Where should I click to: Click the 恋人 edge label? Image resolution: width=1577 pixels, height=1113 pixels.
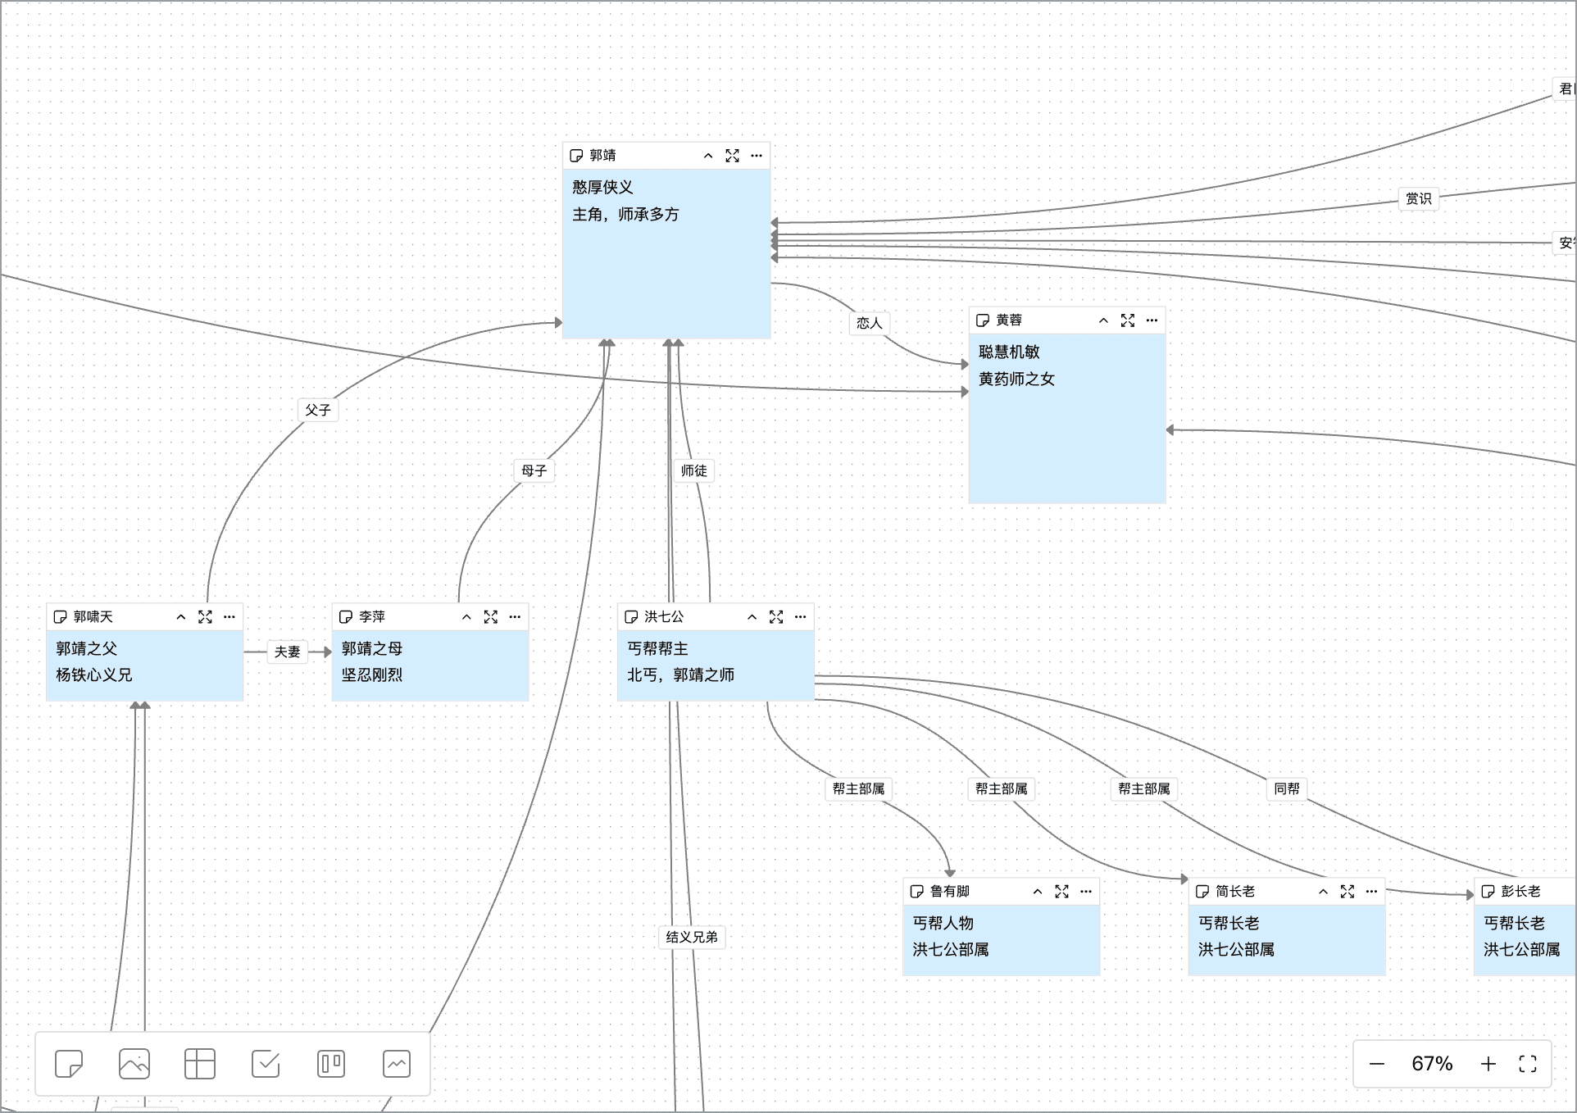point(870,323)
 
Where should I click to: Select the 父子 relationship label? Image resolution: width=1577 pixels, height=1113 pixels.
point(318,410)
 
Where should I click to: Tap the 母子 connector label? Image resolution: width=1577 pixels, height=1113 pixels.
point(534,470)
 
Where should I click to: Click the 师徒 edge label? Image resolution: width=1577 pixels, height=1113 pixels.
point(694,470)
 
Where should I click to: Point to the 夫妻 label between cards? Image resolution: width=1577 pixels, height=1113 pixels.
point(288,652)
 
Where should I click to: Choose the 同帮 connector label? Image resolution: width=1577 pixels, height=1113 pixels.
point(1287,788)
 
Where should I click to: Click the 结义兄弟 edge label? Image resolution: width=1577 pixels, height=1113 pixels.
point(692,937)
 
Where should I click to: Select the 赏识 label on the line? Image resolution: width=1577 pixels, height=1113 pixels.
point(1419,198)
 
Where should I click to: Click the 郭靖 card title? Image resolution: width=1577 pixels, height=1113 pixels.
point(602,155)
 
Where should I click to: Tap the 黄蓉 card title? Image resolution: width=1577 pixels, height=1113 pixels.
point(1009,320)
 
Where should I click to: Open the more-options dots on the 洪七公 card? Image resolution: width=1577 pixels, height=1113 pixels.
point(801,616)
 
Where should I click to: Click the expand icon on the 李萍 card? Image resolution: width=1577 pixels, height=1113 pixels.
point(491,616)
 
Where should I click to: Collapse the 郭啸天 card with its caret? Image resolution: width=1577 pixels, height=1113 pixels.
point(181,616)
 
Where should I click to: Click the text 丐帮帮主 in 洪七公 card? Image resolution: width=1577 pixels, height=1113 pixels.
point(658,648)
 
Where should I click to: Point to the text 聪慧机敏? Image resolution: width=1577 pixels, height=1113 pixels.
point(1010,352)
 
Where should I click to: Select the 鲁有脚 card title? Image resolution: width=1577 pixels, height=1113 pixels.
point(950,891)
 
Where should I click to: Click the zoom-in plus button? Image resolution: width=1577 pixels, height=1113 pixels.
point(1488,1064)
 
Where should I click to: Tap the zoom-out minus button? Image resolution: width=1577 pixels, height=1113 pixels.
point(1377,1064)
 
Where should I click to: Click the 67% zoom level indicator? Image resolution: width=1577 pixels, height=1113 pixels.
point(1432,1064)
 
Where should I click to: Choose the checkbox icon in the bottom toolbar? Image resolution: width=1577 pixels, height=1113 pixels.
point(266,1064)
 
